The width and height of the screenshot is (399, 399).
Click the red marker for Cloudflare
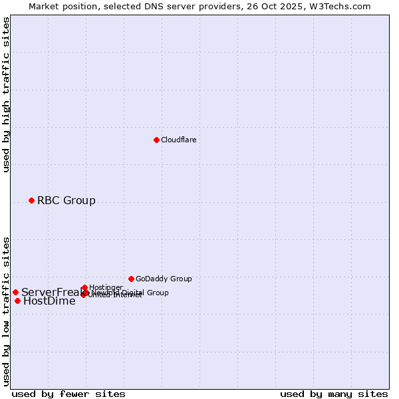pyautogui.click(x=156, y=140)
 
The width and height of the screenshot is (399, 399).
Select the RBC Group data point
pyautogui.click(x=31, y=200)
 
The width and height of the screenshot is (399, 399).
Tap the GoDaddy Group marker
pyautogui.click(x=131, y=279)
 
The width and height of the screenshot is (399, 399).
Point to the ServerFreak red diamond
pyautogui.click(x=15, y=292)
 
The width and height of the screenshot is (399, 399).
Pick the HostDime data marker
pyautogui.click(x=17, y=301)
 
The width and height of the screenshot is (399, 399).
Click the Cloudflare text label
pyautogui.click(x=178, y=140)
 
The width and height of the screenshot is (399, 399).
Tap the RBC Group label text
pyautogui.click(x=66, y=200)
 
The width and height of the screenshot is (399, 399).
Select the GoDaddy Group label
pyautogui.click(x=164, y=279)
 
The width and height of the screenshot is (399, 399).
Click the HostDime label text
pyautogui.click(x=49, y=301)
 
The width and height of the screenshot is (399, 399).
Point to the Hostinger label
pyautogui.click(x=106, y=287)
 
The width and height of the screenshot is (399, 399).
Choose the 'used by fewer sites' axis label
pyautogui.click(x=68, y=394)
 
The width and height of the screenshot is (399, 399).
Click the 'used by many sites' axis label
pyautogui.click(x=334, y=394)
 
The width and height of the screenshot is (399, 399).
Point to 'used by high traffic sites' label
pyautogui.click(x=6, y=95)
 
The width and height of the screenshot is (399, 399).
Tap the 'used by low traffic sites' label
pyautogui.click(x=6, y=311)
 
